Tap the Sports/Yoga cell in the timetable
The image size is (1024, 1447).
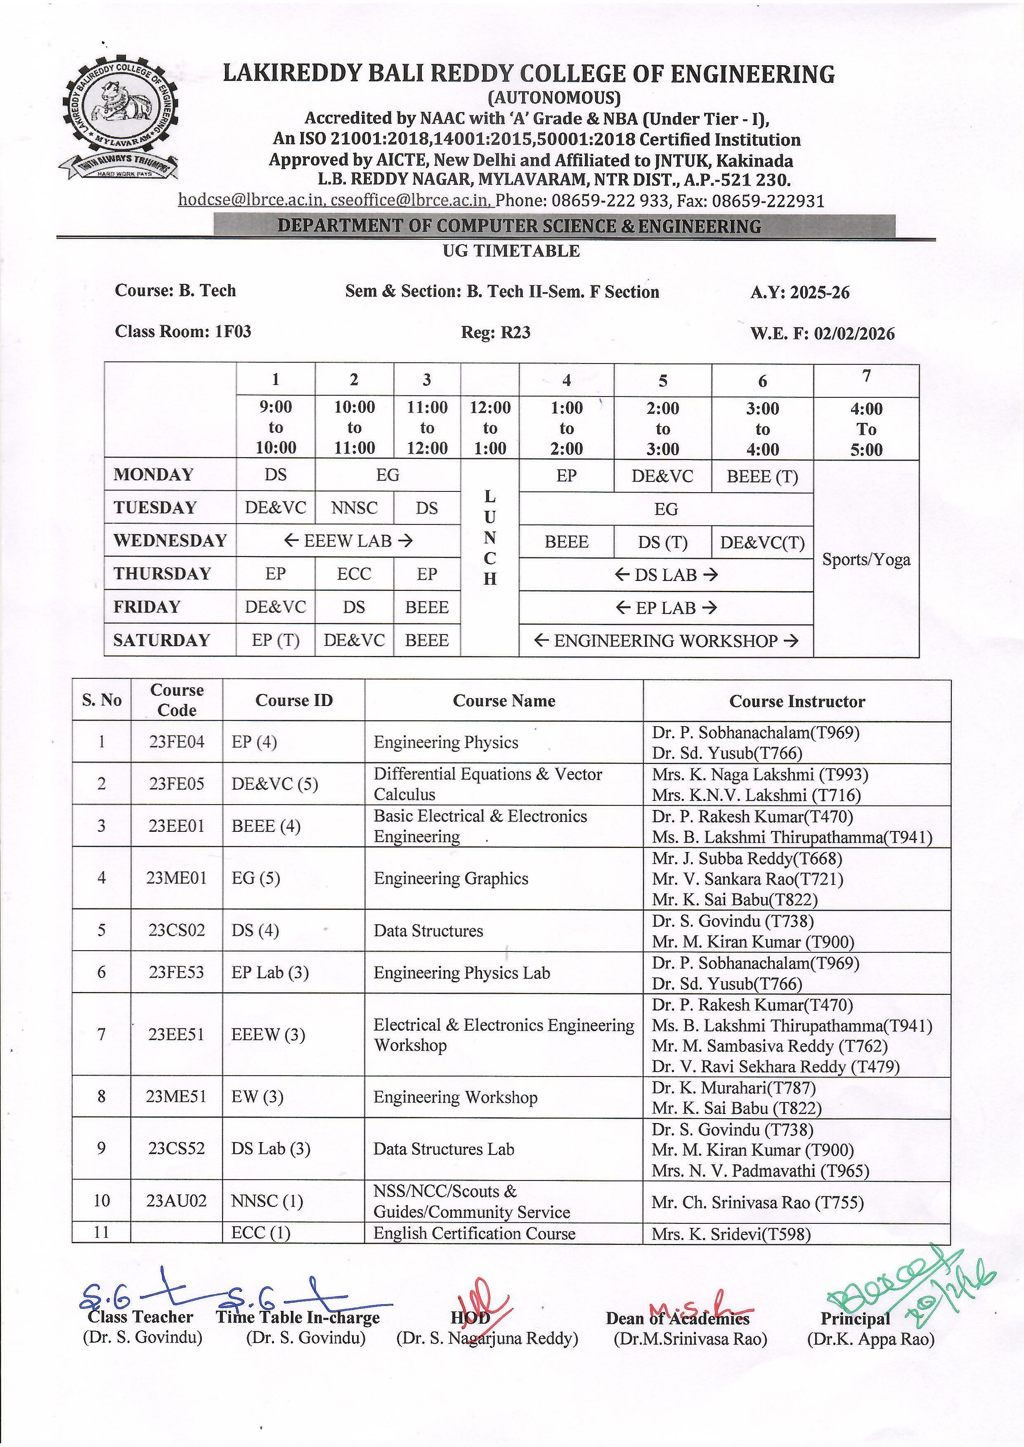pos(866,559)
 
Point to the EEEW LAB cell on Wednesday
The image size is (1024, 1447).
pos(348,541)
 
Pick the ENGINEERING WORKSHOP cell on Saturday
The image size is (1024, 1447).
pos(666,641)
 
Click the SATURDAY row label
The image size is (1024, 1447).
pos(161,640)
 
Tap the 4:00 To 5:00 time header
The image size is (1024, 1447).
pos(866,429)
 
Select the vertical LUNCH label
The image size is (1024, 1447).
pos(490,538)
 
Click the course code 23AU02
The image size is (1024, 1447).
pos(177,1201)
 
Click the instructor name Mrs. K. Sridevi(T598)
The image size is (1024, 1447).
pos(731,1234)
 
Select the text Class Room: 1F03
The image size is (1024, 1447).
pos(183,331)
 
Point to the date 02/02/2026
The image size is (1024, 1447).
pos(854,333)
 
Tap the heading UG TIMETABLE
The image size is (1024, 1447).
pos(511,251)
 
